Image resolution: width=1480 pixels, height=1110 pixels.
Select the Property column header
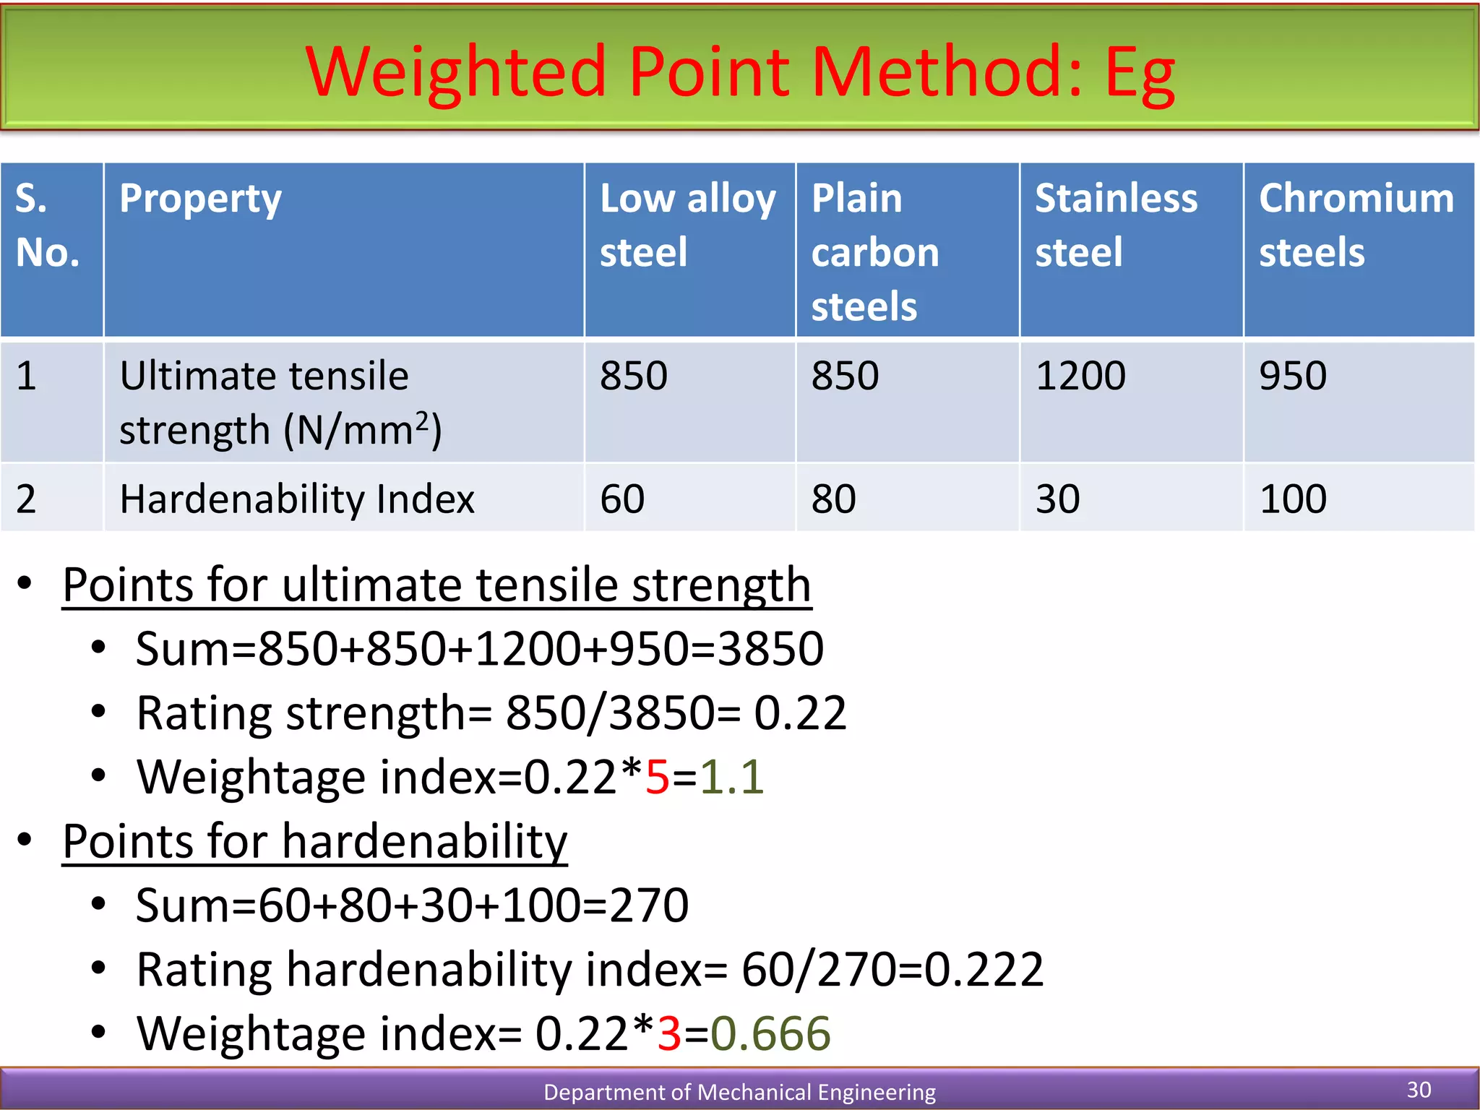pyautogui.click(x=200, y=199)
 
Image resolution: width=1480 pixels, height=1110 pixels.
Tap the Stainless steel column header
pyautogui.click(x=1116, y=225)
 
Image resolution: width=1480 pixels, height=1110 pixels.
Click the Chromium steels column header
pyautogui.click(x=1356, y=225)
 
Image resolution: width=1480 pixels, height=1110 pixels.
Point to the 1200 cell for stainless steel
pyautogui.click(x=1080, y=377)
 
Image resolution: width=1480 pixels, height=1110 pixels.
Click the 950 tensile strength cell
pyautogui.click(x=1293, y=377)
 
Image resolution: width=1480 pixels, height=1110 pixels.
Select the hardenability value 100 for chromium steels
pyautogui.click(x=1293, y=499)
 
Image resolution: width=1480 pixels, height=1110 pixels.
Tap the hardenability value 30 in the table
pyautogui.click(x=1057, y=499)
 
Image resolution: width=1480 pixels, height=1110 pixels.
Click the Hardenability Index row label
pyautogui.click(x=297, y=499)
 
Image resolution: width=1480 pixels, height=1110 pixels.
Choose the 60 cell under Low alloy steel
pyautogui.click(x=622, y=499)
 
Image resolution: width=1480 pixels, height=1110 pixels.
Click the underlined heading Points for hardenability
pyautogui.click(x=315, y=842)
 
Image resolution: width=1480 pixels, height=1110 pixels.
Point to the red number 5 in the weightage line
pyautogui.click(x=657, y=778)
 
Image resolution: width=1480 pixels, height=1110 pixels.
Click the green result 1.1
pyautogui.click(x=731, y=778)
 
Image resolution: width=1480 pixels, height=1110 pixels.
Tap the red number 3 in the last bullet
pyautogui.click(x=669, y=1033)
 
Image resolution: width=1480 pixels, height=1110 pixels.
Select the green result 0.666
pyautogui.click(x=770, y=1033)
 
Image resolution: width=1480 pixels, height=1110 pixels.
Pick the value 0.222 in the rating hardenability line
pyautogui.click(x=984, y=970)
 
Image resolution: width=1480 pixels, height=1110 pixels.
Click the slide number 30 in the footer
pyautogui.click(x=1419, y=1090)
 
